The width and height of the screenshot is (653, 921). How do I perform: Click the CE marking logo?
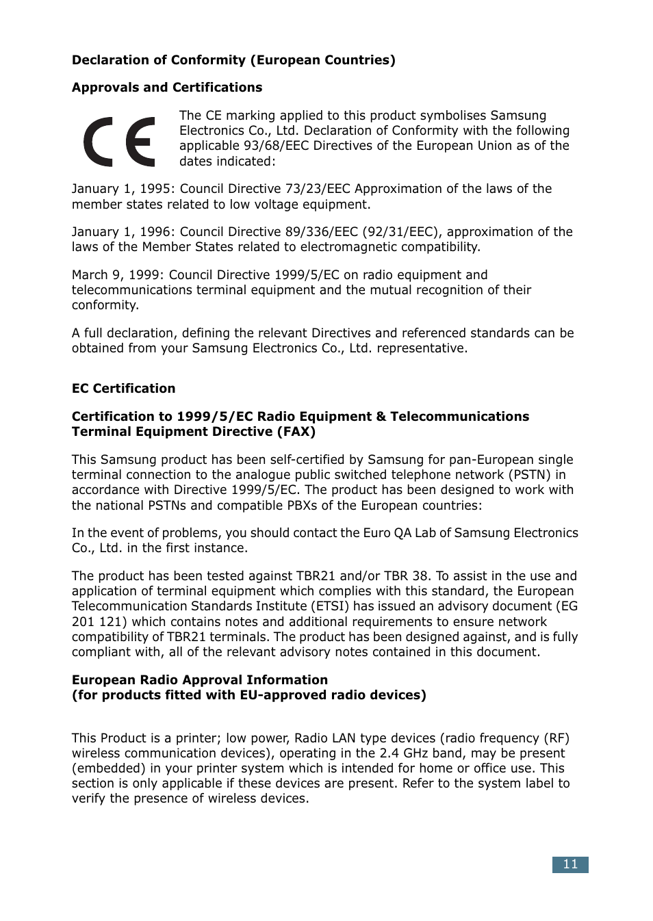(120, 142)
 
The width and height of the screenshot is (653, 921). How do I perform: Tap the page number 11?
(570, 864)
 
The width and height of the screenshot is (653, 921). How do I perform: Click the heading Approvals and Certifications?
(167, 88)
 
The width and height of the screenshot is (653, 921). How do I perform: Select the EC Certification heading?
(123, 389)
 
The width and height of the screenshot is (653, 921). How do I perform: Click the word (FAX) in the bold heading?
(296, 432)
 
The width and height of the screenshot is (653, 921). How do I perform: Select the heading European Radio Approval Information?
(200, 680)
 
